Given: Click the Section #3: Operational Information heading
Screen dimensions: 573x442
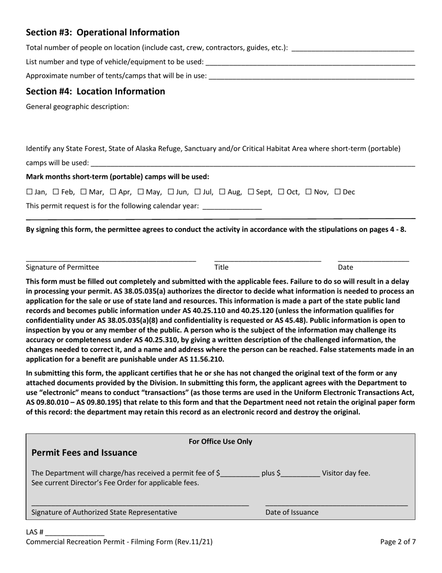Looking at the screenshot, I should (x=102, y=33).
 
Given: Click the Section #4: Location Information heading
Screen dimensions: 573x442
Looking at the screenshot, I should (x=95, y=91).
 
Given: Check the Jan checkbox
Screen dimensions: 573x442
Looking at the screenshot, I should (x=29, y=192).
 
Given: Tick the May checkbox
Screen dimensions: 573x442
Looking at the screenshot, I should (x=141, y=192).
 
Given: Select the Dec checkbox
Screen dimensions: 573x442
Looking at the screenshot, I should (x=338, y=192).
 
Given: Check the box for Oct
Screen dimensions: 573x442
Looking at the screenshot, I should (x=281, y=192).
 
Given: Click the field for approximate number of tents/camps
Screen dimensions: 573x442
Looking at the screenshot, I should (x=312, y=76).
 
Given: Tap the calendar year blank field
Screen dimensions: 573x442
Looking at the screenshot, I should (x=233, y=206).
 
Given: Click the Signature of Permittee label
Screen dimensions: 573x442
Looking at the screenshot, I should (x=62, y=267).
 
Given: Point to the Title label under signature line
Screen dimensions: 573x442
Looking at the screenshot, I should (x=221, y=267).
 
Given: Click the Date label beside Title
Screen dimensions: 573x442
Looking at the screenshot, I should (x=345, y=267).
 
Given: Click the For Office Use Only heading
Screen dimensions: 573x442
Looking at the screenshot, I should (x=220, y=442).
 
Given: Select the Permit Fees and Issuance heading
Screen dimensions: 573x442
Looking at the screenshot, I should (x=84, y=453).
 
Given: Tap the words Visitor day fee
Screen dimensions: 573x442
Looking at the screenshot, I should (x=346, y=473).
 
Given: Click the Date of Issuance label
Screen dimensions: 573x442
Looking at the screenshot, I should (x=292, y=512).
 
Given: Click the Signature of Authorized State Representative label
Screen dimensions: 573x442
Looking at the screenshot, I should (x=104, y=512).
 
